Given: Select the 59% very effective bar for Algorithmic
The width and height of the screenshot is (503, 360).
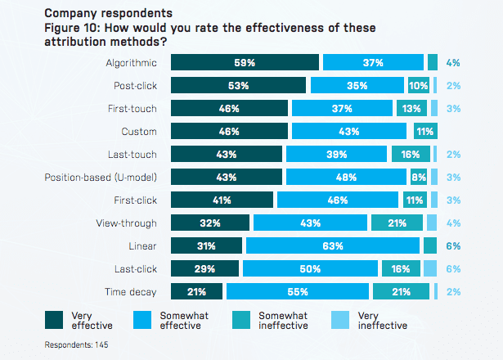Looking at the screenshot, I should [244, 62].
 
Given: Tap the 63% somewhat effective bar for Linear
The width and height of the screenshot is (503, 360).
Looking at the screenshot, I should [333, 245].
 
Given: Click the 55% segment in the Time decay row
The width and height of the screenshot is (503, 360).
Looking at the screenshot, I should [298, 291].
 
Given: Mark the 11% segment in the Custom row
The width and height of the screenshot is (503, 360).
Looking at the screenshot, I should [424, 131].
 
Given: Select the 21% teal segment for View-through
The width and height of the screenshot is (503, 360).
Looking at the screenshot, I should [397, 223].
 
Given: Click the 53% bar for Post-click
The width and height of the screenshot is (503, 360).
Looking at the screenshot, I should [238, 85].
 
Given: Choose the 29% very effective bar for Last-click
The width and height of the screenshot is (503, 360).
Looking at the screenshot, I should [204, 268].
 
